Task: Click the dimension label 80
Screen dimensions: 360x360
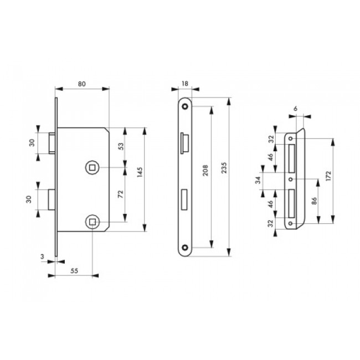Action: pyautogui.click(x=82, y=84)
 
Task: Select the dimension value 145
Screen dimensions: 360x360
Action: pyautogui.click(x=140, y=172)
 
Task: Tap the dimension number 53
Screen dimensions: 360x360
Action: pyautogui.click(x=121, y=146)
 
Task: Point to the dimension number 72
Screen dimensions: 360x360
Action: pyautogui.click(x=121, y=194)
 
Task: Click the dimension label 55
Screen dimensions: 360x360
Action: pyautogui.click(x=74, y=271)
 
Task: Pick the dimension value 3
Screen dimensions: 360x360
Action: pyautogui.click(x=42, y=256)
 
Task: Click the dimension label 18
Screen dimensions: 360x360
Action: pyautogui.click(x=185, y=84)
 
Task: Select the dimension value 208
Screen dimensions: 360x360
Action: pyautogui.click(x=205, y=170)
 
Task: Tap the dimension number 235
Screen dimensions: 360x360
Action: pyautogui.click(x=224, y=168)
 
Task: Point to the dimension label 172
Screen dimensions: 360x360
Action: pyautogui.click(x=328, y=176)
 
